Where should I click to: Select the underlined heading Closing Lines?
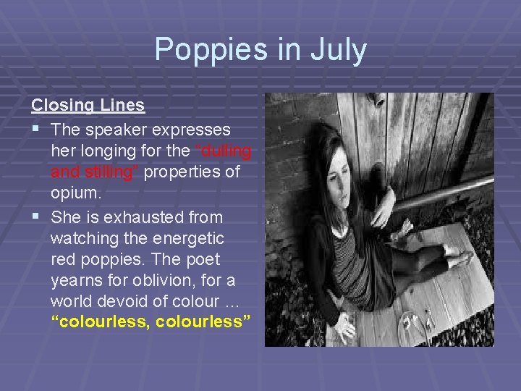pos(88,105)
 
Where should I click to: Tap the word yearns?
pos(75,280)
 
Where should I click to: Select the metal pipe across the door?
pos(441,193)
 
